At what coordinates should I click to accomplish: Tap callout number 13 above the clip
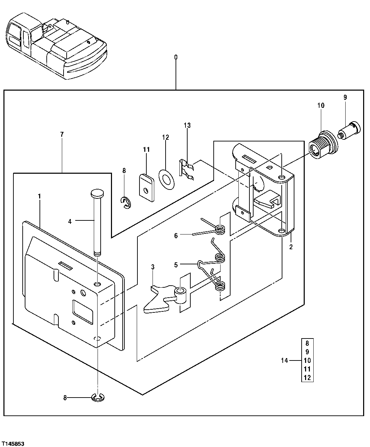pyautogui.click(x=187, y=125)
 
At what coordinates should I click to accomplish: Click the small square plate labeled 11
pyautogui.click(x=146, y=187)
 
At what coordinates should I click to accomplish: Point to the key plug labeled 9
pyautogui.click(x=349, y=132)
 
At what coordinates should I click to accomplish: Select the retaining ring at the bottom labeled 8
pyautogui.click(x=98, y=398)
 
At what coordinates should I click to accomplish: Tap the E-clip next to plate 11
pyautogui.click(x=126, y=203)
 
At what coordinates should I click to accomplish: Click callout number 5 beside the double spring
pyautogui.click(x=176, y=265)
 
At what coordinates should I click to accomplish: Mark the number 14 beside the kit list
pyautogui.click(x=284, y=360)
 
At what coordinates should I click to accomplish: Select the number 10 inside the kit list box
pyautogui.click(x=307, y=360)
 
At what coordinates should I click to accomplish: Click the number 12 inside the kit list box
pyautogui.click(x=307, y=378)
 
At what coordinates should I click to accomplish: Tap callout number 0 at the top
pyautogui.click(x=176, y=57)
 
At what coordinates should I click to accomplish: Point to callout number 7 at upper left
pyautogui.click(x=62, y=135)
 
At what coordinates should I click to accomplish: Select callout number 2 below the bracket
pyautogui.click(x=291, y=247)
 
